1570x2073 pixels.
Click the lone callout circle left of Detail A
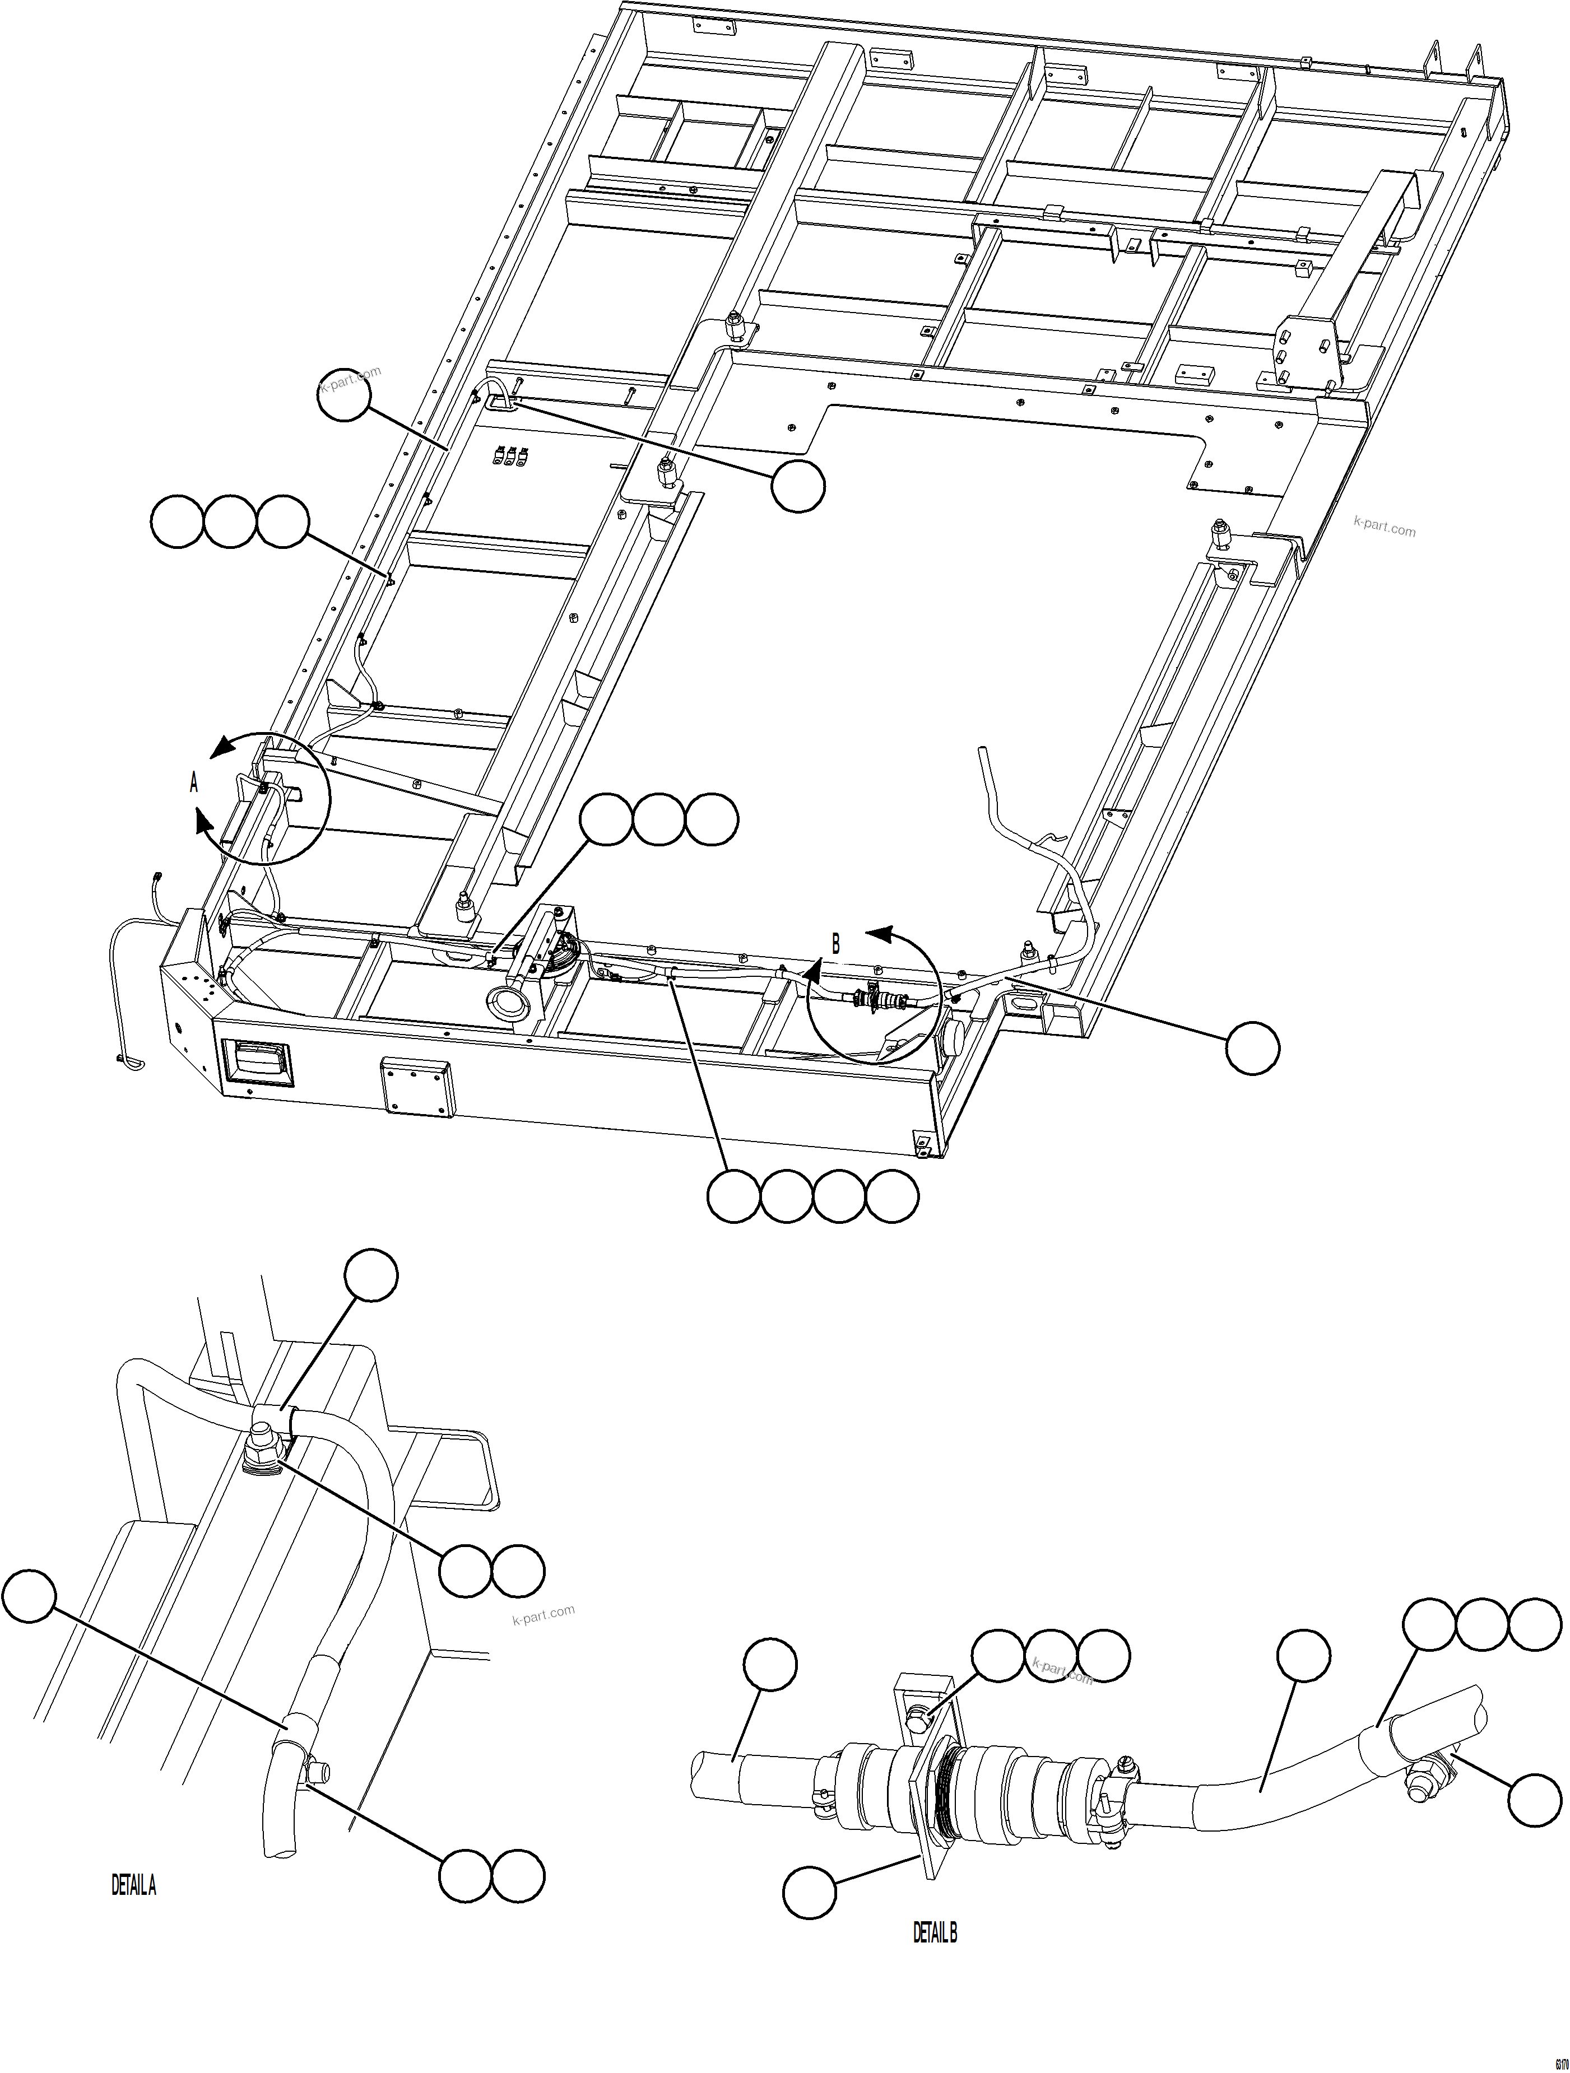point(28,1595)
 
